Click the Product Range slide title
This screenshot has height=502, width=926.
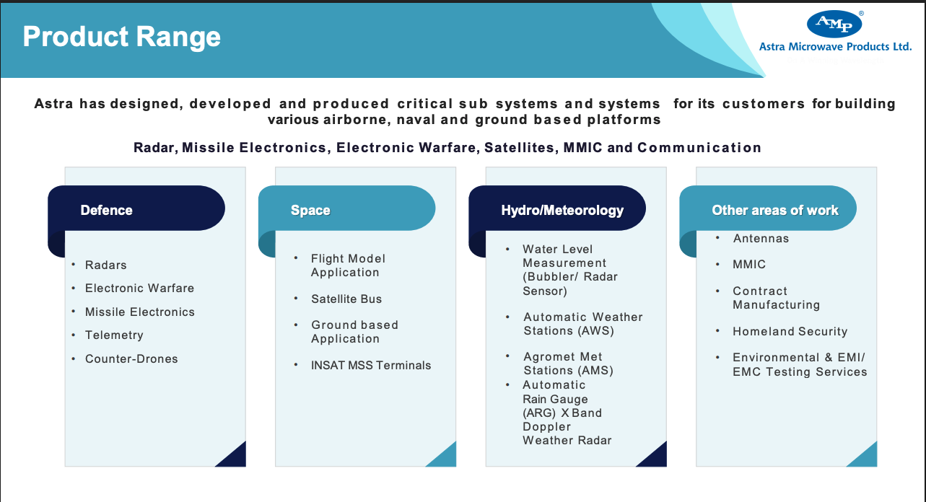(x=121, y=38)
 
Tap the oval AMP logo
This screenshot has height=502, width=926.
(x=834, y=24)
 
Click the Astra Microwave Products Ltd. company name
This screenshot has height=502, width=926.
(x=835, y=47)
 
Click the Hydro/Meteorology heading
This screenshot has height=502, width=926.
(x=562, y=211)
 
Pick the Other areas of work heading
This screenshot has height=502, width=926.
(x=775, y=211)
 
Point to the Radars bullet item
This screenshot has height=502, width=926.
(x=106, y=265)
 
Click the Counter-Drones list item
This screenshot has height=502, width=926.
(x=131, y=358)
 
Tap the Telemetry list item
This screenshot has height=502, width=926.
(x=114, y=335)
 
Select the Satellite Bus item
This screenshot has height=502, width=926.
(x=346, y=299)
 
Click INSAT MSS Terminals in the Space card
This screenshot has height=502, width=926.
(x=371, y=365)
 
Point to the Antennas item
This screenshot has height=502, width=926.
(x=761, y=239)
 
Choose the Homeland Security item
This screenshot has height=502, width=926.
(x=790, y=331)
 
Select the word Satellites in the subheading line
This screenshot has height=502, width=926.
(x=519, y=148)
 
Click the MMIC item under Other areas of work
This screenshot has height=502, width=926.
(x=749, y=265)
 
